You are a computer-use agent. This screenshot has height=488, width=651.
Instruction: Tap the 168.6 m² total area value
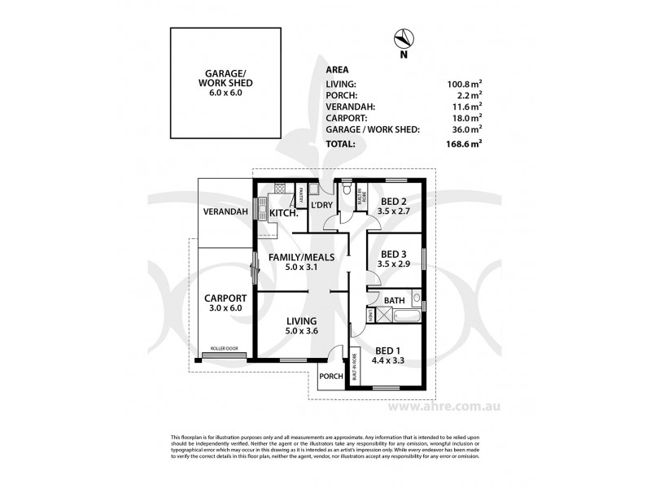click(x=464, y=144)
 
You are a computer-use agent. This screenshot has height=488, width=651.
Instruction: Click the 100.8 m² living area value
click(x=464, y=83)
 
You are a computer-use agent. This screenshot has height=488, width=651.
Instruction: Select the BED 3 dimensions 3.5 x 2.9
click(x=394, y=265)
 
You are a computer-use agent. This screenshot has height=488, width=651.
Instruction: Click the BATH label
click(x=395, y=300)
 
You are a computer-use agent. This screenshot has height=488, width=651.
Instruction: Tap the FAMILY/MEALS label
click(x=303, y=257)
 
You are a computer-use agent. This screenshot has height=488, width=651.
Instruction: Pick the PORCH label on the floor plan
click(x=330, y=376)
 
